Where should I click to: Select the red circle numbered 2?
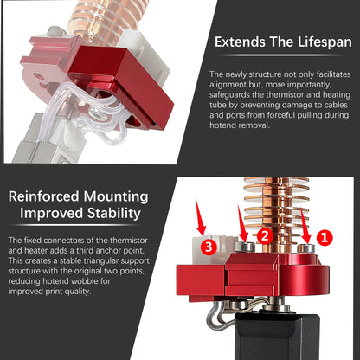pos(266,234)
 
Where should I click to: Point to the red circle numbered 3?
pos(208,246)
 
